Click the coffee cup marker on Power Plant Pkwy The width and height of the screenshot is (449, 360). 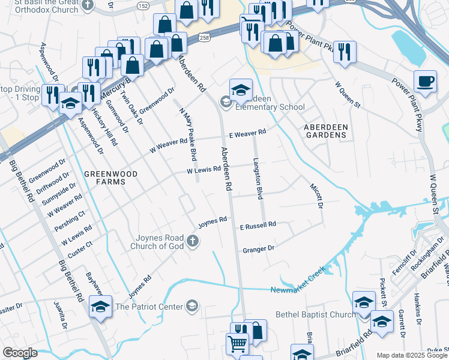425,82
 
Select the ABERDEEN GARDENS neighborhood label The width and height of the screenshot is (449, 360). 325,131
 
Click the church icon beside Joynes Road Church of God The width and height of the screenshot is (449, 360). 192,241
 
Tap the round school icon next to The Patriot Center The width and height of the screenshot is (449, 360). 191,307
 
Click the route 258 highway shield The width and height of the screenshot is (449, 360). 205,37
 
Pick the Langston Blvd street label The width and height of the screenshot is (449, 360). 259,179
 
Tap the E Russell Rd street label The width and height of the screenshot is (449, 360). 258,226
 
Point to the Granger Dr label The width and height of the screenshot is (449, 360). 258,248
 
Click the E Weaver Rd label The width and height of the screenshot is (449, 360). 247,133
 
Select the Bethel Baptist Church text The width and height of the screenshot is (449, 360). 315,314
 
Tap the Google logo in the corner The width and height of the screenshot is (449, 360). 20,352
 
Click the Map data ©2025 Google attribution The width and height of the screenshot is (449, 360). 412,355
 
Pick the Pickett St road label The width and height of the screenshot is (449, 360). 382,289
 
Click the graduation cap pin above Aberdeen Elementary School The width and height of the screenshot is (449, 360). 240,90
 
